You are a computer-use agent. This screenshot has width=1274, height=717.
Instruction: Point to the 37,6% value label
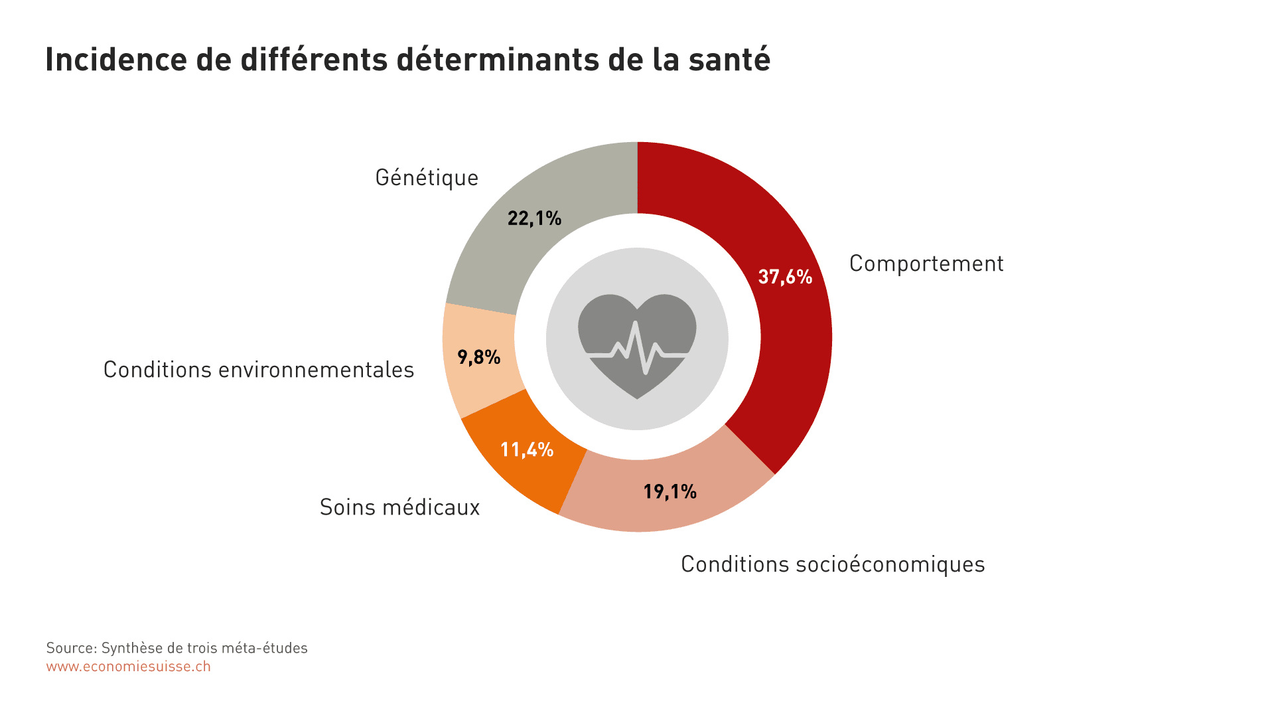click(785, 277)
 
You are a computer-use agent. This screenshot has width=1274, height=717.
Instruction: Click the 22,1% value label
click(534, 218)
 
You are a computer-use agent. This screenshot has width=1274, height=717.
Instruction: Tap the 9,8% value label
click(478, 357)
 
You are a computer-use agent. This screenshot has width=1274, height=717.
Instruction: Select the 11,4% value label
click(526, 449)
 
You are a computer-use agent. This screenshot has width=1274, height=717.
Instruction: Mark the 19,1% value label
click(670, 491)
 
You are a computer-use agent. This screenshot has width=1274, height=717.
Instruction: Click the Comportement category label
click(926, 264)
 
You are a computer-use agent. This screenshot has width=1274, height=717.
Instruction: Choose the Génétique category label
click(427, 178)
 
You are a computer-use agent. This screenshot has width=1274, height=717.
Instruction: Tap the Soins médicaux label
click(399, 507)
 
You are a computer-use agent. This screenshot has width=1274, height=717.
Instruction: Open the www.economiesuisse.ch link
click(128, 667)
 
